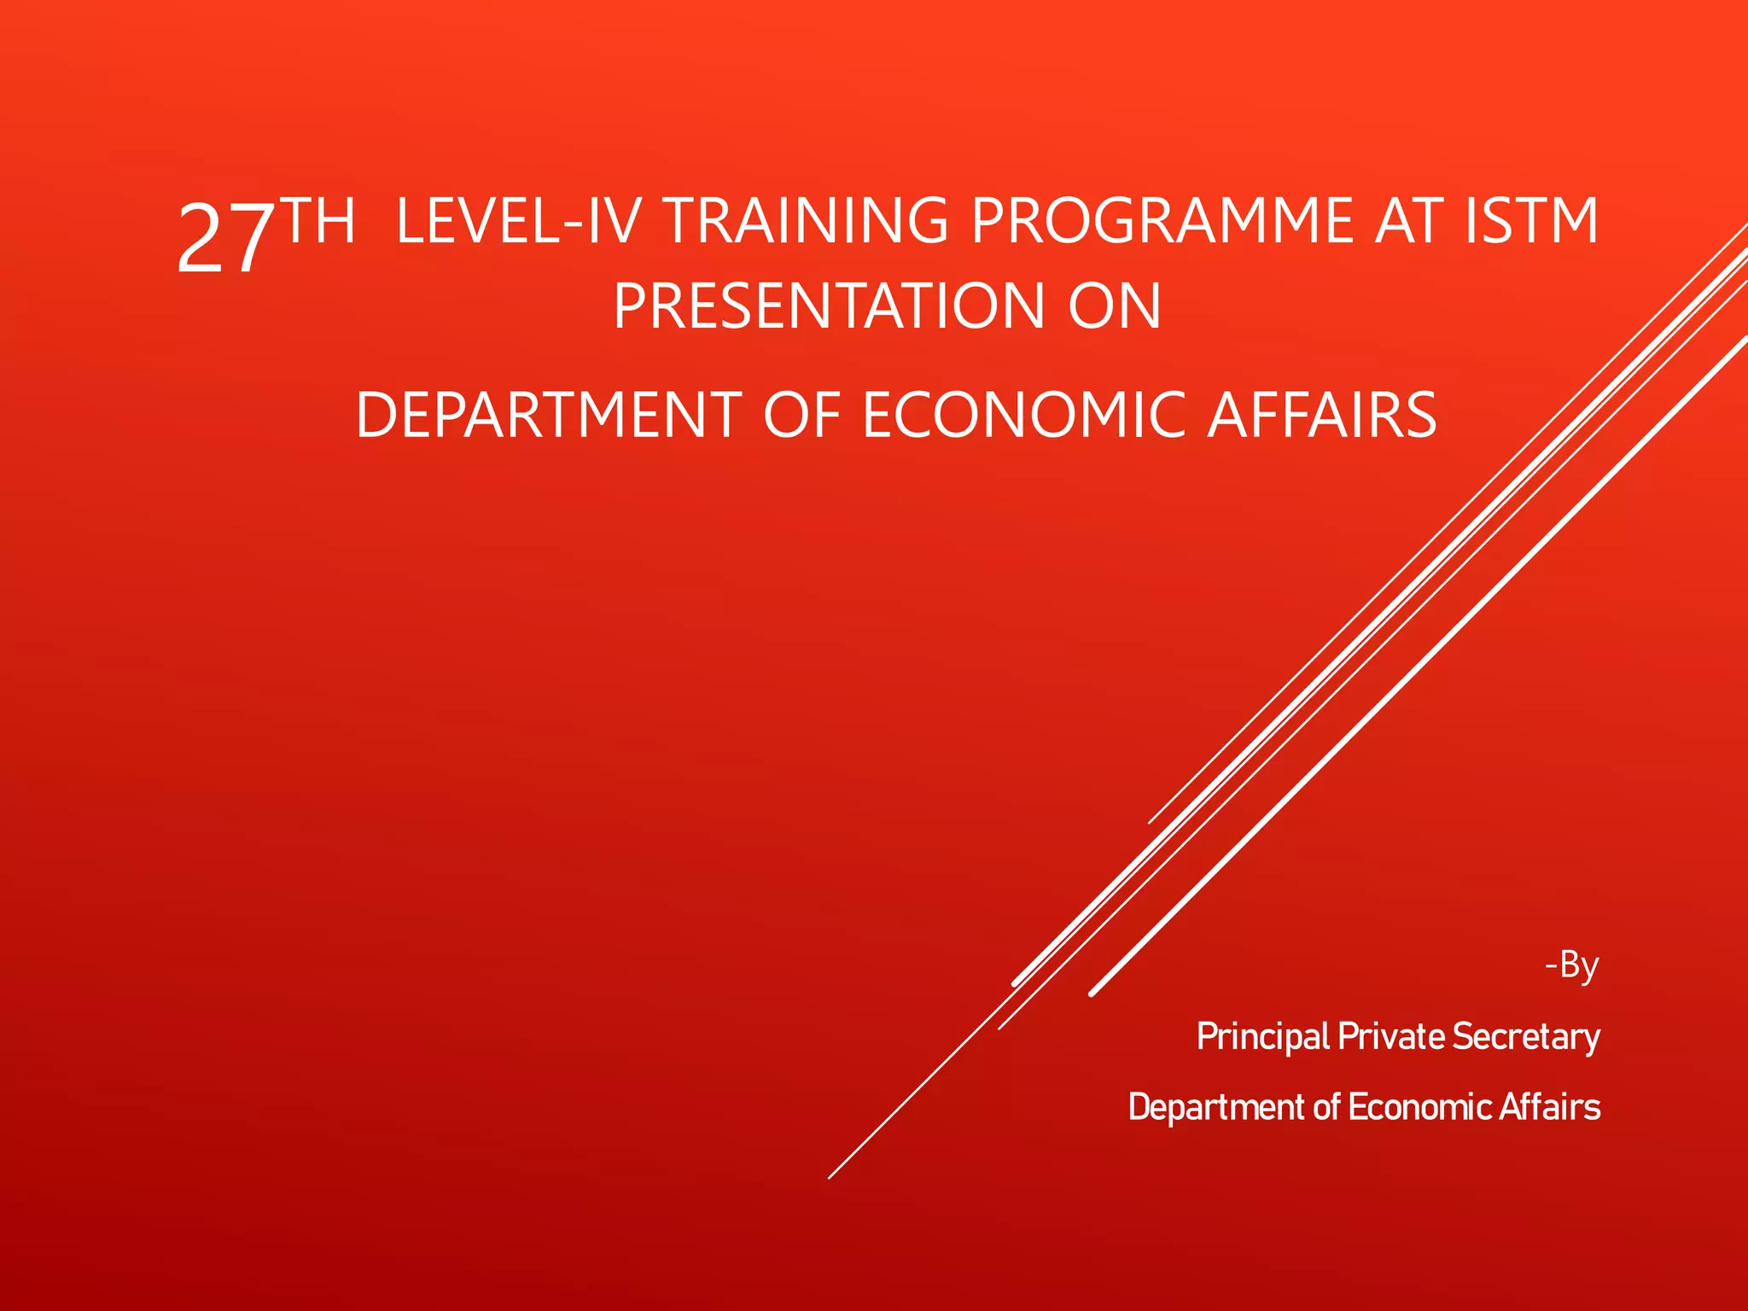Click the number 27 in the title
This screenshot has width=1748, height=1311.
(x=225, y=240)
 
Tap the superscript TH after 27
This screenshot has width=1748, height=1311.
(x=317, y=220)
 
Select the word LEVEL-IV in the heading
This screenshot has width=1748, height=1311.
(x=518, y=221)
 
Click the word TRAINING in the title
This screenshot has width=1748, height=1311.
(x=805, y=221)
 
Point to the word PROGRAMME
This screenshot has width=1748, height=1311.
(x=1162, y=221)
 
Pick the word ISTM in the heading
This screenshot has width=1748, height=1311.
(x=1531, y=221)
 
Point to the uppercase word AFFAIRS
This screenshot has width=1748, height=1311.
(x=1322, y=416)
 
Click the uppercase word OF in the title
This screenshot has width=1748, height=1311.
(x=802, y=416)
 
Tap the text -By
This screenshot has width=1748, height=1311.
(x=1572, y=965)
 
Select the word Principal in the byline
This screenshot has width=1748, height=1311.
(x=1263, y=1037)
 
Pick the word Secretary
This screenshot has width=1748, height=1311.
(x=1526, y=1037)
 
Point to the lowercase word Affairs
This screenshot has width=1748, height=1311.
(x=1550, y=1107)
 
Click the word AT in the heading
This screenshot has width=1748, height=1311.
(x=1408, y=221)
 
